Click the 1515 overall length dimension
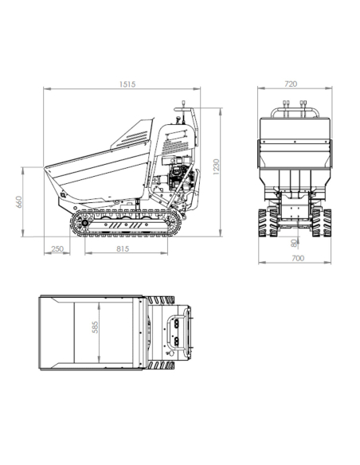pyautogui.click(x=127, y=84)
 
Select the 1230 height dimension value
pyautogui.click(x=217, y=166)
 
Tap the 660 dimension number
pyautogui.click(x=18, y=202)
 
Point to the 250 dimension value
pyautogui.click(x=57, y=248)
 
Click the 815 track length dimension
pyautogui.click(x=123, y=248)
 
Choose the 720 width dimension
pyautogui.click(x=291, y=84)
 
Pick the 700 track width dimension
pyautogui.click(x=298, y=258)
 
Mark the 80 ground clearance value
pyautogui.click(x=294, y=243)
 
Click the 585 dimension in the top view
pyautogui.click(x=95, y=327)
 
